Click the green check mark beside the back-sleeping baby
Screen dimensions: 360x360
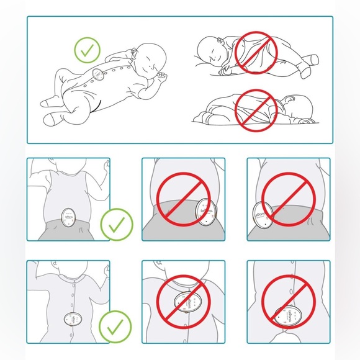point(87,49)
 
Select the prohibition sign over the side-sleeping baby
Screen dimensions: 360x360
point(256,52)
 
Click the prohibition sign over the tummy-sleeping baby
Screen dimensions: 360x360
point(256,110)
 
